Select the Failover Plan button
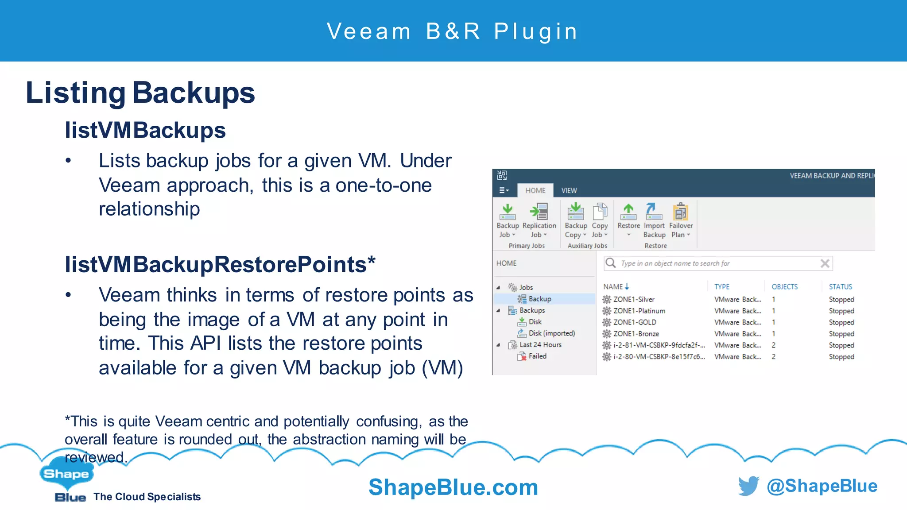(x=680, y=212)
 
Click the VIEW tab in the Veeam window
(x=569, y=190)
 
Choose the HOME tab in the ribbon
(x=535, y=190)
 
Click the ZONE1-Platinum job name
(x=639, y=311)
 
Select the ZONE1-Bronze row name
(x=636, y=334)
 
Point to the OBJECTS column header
(x=784, y=287)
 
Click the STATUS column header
(x=840, y=287)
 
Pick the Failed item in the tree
(x=537, y=356)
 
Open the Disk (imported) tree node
(x=551, y=333)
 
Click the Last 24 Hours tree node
(x=540, y=344)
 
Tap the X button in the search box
(x=825, y=263)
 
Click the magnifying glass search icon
(x=611, y=263)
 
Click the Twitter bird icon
(x=748, y=486)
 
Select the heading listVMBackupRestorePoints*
(x=220, y=264)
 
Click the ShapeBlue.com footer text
(x=453, y=487)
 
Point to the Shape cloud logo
(x=66, y=474)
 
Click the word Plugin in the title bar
(x=536, y=31)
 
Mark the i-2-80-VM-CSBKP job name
(x=659, y=356)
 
